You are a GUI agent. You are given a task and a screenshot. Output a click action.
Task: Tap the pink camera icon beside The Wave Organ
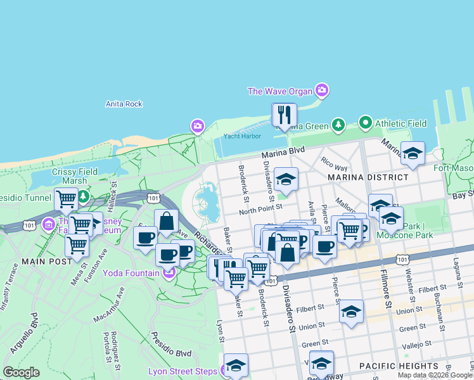pyautogui.click(x=322, y=91)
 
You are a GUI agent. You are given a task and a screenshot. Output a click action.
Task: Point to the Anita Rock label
pyautogui.click(x=124, y=104)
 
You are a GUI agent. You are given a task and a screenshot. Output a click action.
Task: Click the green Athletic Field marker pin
pyautogui.click(x=365, y=122)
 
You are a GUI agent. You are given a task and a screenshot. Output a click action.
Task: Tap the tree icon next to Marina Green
pyautogui.click(x=339, y=125)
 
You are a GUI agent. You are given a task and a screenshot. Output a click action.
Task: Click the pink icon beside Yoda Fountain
pyautogui.click(x=169, y=274)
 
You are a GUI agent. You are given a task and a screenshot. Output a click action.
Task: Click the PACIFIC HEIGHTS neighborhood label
pyautogui.click(x=399, y=366)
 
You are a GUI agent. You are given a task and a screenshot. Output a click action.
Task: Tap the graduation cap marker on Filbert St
pyautogui.click(x=351, y=312)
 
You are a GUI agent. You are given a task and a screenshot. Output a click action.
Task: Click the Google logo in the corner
pyautogui.click(x=21, y=372)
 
